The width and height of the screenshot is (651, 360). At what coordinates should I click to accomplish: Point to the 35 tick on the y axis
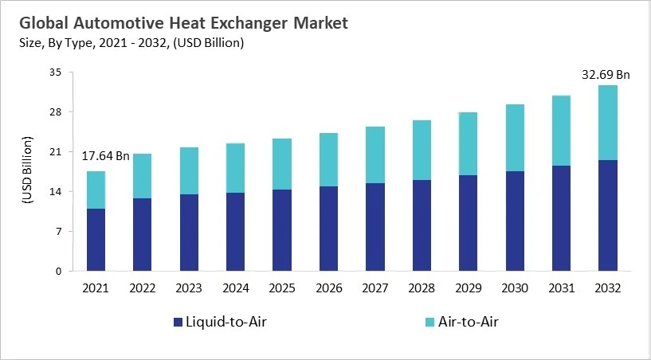coord(55,72)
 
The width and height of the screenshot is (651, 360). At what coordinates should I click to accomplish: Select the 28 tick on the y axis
coord(55,112)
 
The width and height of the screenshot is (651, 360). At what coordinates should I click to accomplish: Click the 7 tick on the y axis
coord(58,232)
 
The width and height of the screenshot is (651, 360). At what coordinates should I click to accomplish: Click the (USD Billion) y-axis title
coord(26,171)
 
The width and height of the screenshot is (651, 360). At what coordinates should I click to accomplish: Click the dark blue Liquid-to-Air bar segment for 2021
coord(96,240)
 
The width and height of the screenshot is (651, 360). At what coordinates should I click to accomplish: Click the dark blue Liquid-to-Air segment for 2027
coord(375,227)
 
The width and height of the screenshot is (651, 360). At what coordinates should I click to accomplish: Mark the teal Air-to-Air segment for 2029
coord(469,143)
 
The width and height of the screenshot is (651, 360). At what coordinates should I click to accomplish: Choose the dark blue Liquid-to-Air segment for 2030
coord(515,221)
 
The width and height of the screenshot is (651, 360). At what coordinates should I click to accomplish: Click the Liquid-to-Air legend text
coord(226,323)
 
